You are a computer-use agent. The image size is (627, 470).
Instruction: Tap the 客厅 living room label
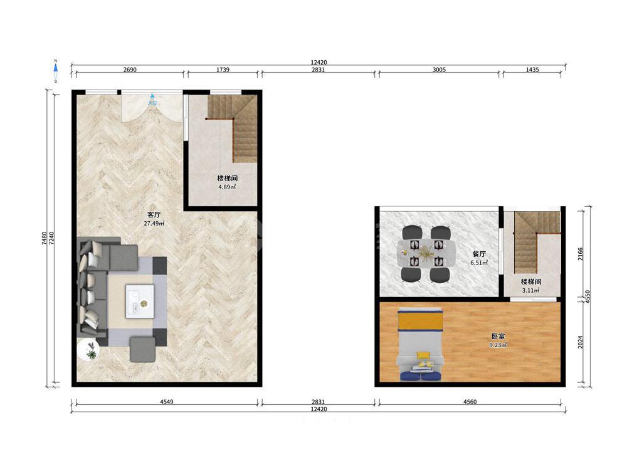154,215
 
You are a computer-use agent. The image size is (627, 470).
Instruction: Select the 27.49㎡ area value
154,224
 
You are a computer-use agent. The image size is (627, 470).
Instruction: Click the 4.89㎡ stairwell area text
227,187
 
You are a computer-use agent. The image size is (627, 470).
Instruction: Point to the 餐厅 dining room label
478,254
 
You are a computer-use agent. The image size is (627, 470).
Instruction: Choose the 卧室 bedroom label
498,336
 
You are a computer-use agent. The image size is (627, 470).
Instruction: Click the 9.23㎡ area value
498,345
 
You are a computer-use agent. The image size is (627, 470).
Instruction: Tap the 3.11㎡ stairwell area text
530,291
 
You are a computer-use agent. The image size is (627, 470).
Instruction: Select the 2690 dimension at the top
130,70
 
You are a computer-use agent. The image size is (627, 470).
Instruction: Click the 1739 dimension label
223,70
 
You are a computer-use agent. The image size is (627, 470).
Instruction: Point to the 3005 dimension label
439,70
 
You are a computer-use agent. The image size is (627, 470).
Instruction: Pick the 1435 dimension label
532,70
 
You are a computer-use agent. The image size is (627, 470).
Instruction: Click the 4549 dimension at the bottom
166,402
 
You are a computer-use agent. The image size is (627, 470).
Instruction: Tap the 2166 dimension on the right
581,254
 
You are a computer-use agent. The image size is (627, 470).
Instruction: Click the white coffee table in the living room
140,301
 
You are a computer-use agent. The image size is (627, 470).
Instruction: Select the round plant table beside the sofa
89,350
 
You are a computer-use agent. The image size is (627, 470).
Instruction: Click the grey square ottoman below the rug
142,350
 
